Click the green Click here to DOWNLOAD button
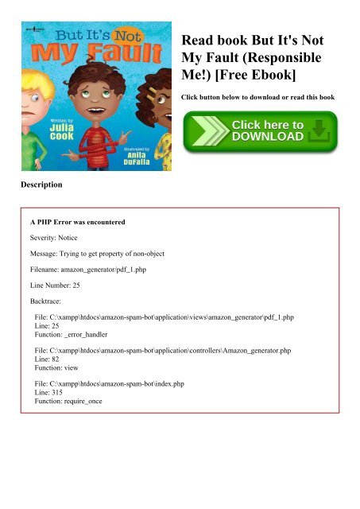pos(260,132)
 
